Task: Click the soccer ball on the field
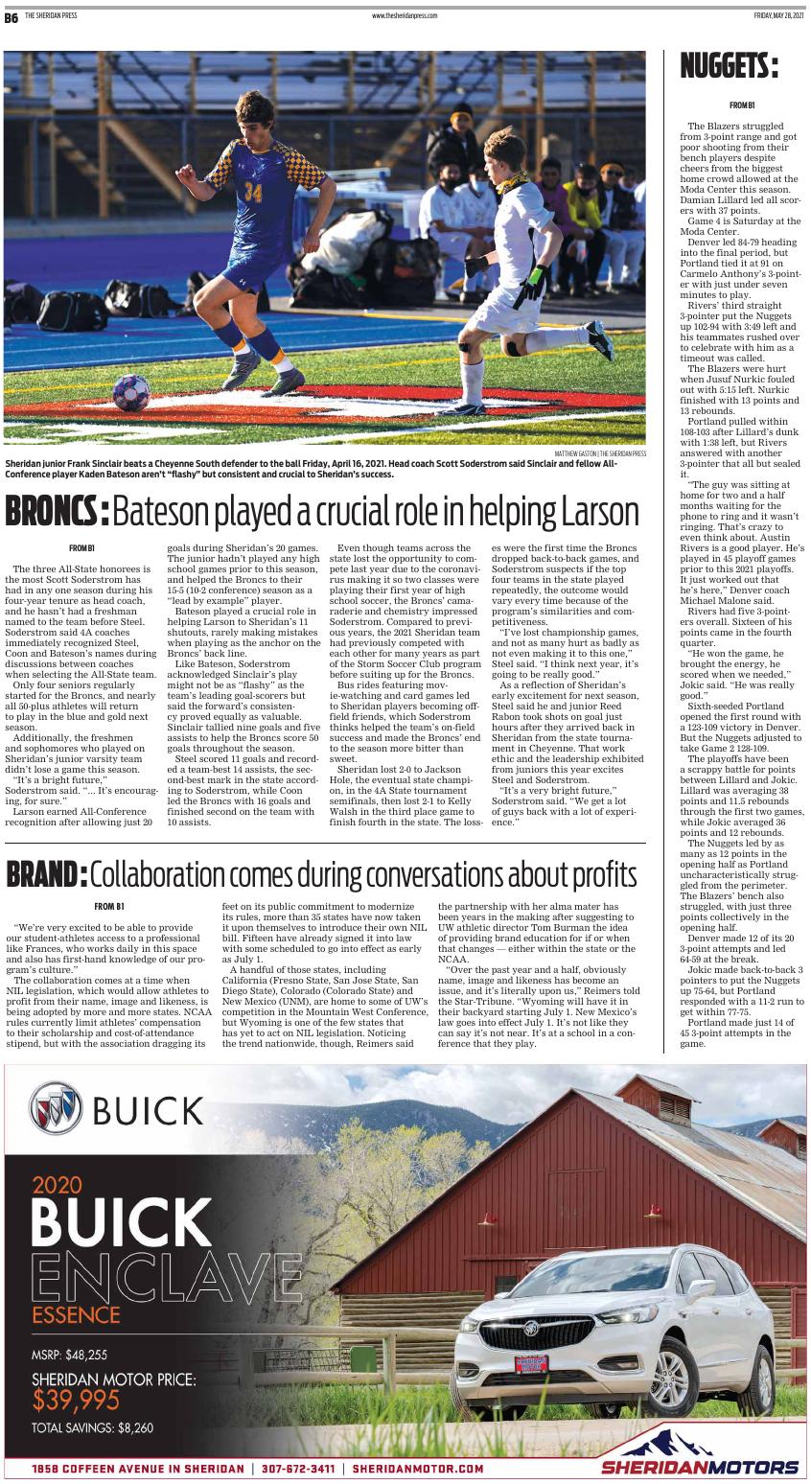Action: [x=131, y=392]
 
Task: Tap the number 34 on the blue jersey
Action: [x=253, y=193]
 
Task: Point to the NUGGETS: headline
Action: [x=729, y=67]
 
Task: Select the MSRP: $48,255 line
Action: [x=69, y=1355]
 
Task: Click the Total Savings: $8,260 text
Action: [x=92, y=1427]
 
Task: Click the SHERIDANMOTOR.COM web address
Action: [x=418, y=1469]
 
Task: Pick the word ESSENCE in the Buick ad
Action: [x=76, y=1314]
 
